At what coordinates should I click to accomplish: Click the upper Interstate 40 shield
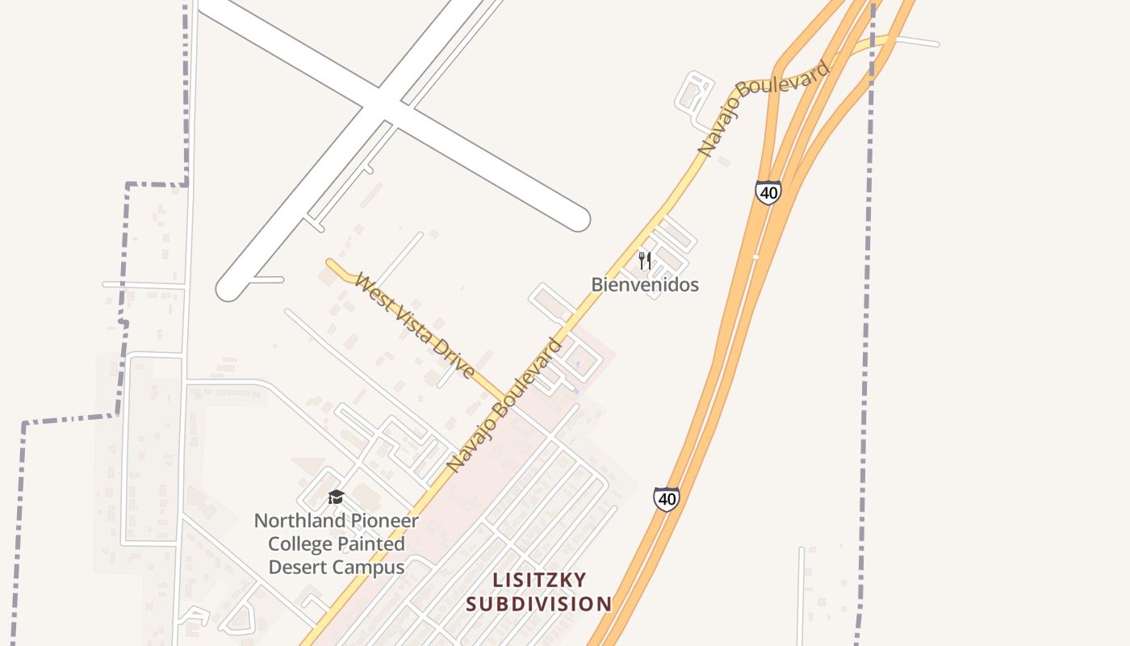(x=768, y=192)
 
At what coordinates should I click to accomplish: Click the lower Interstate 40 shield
(x=667, y=499)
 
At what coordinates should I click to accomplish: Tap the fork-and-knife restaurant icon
(x=644, y=260)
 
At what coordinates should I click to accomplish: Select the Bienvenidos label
(x=645, y=284)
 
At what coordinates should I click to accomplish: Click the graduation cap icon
(x=336, y=497)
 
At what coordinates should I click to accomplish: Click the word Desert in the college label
(x=295, y=567)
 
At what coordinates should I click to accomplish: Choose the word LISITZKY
(x=539, y=580)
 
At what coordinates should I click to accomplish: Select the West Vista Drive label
(x=414, y=326)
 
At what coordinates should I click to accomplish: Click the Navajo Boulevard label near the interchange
(x=763, y=108)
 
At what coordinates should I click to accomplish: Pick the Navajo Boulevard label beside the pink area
(x=504, y=405)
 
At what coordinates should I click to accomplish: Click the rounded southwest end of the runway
(x=229, y=289)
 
